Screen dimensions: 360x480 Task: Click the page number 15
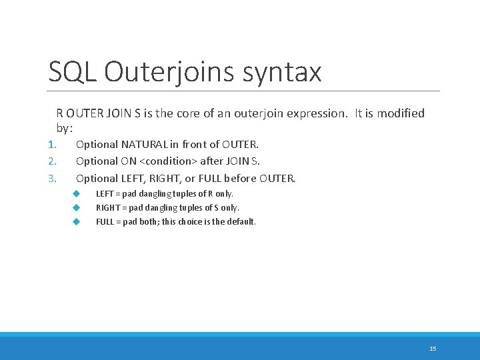[x=433, y=349]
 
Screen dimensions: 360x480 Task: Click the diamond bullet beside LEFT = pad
[x=77, y=193]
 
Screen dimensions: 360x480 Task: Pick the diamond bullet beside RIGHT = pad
[x=77, y=207]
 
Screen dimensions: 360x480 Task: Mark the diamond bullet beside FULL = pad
[x=77, y=221]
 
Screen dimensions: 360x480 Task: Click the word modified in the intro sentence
[x=399, y=113]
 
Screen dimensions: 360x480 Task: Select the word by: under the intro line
[x=65, y=127]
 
